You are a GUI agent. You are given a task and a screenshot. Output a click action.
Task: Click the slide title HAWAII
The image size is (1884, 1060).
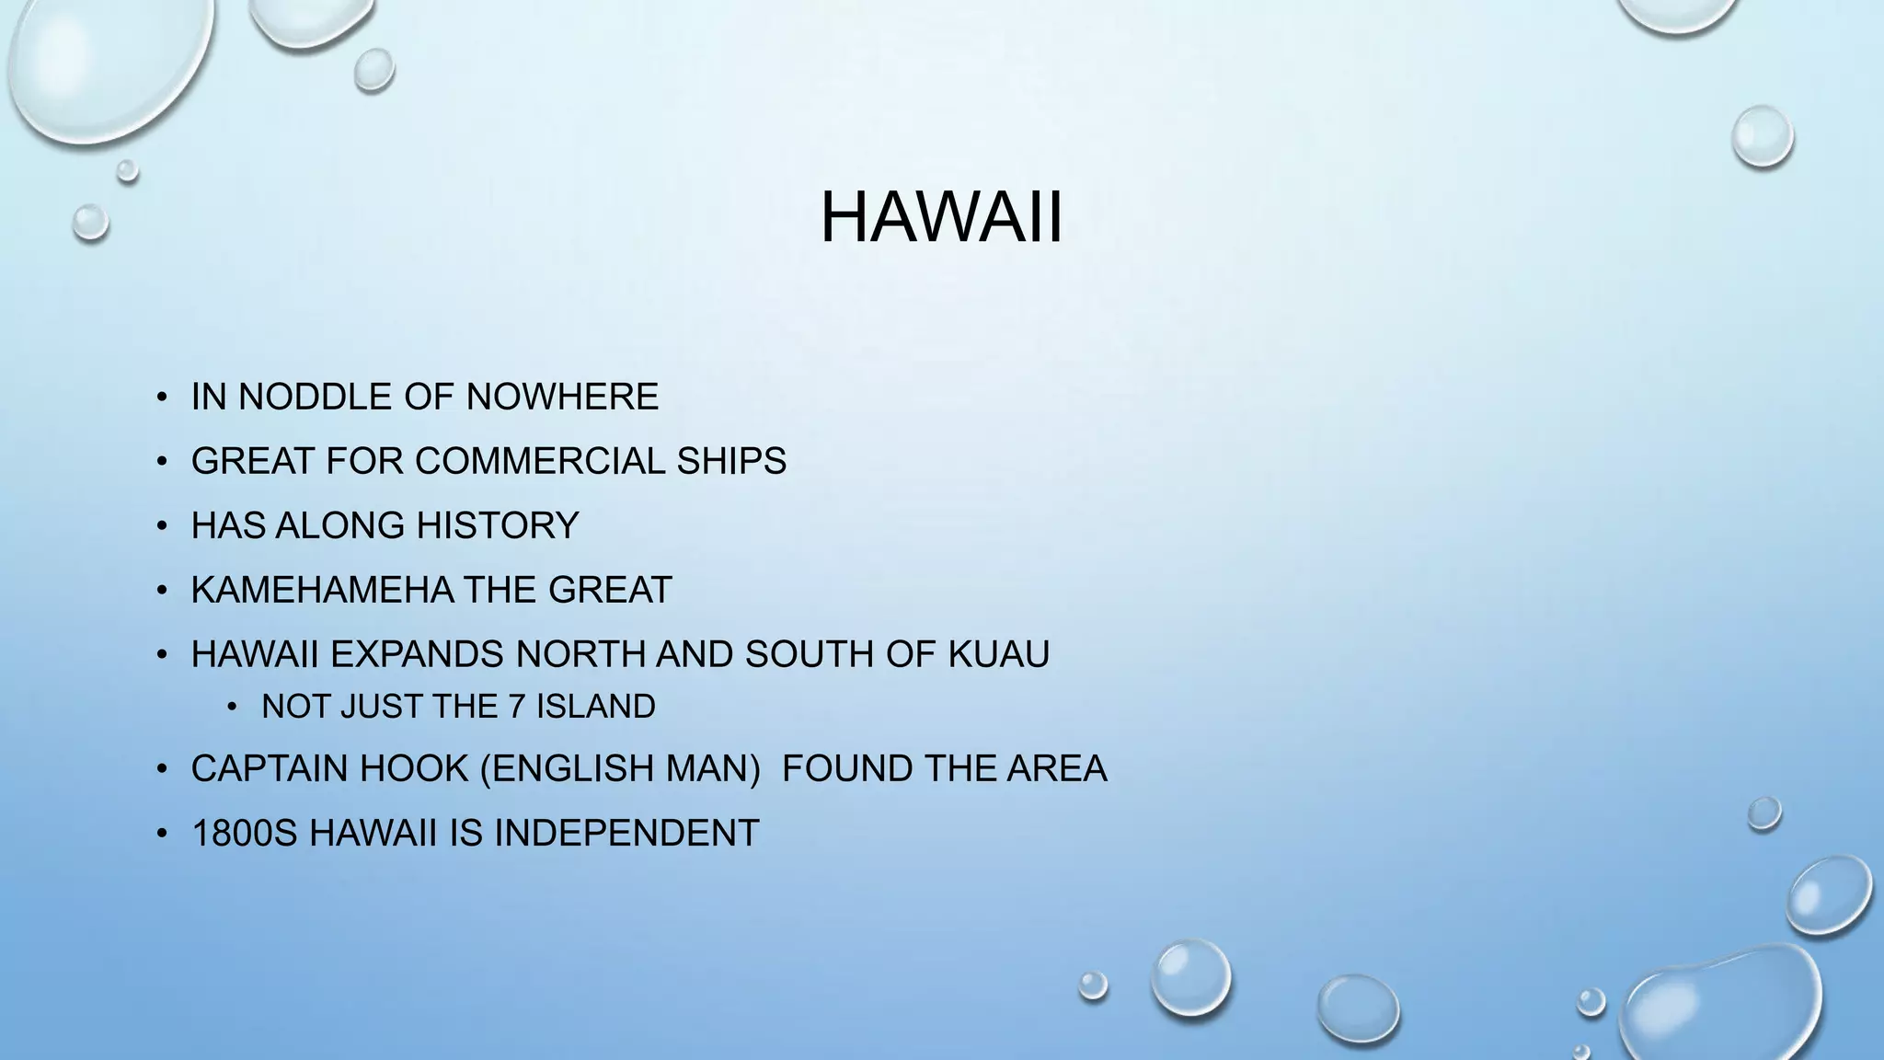(941, 218)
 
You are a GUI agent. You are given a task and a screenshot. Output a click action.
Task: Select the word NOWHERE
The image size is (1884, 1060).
(562, 397)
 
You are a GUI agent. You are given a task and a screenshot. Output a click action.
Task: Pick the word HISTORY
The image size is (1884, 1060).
(497, 525)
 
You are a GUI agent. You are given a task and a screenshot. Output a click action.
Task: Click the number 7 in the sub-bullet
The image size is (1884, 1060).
(516, 707)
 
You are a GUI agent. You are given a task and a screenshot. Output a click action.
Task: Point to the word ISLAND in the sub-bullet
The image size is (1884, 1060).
(596, 707)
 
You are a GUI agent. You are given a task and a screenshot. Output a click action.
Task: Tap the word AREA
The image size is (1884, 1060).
(1057, 768)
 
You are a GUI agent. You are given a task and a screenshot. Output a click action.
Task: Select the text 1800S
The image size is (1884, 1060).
(244, 833)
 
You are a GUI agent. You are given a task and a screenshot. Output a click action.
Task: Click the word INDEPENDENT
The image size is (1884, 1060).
(626, 833)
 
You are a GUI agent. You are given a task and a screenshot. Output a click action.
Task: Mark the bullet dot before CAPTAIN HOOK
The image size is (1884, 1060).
(162, 769)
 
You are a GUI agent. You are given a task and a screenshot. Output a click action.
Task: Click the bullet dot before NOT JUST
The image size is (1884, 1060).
(232, 707)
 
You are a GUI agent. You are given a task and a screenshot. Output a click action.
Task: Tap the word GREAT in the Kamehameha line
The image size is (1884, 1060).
(610, 590)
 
